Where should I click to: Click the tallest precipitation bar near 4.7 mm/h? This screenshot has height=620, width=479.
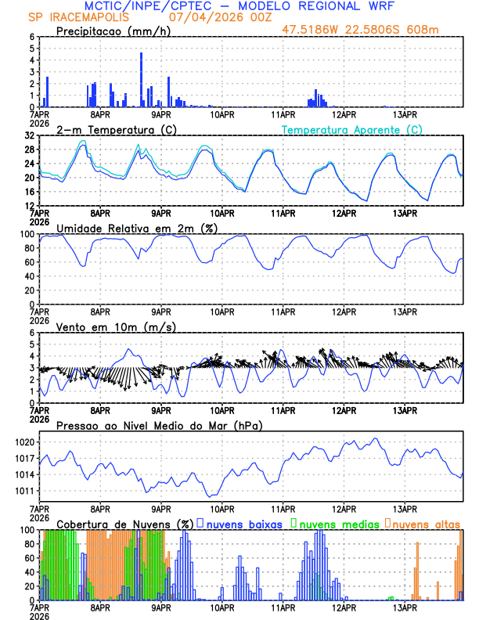[x=141, y=78]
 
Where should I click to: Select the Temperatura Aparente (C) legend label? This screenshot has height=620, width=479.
[x=351, y=129]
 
